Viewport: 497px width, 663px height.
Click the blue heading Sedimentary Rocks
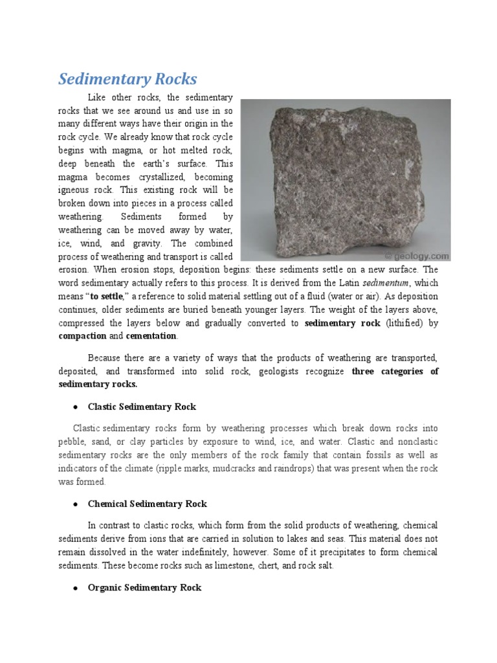click(x=127, y=79)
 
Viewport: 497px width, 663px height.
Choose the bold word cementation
click(x=151, y=336)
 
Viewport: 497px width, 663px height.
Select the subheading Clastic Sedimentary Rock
click(x=141, y=407)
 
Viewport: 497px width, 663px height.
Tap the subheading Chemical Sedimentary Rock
click(x=147, y=503)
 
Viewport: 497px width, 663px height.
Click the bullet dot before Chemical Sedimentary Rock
click(x=76, y=504)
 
